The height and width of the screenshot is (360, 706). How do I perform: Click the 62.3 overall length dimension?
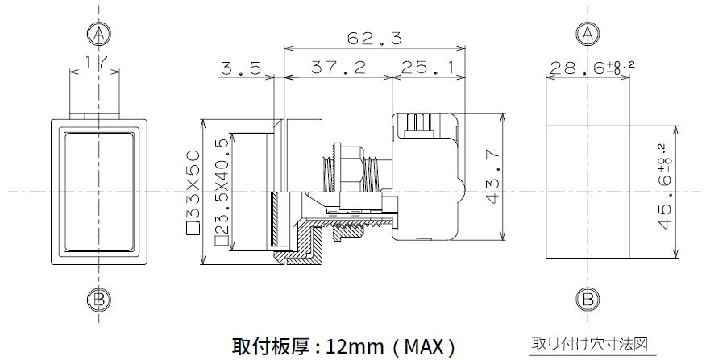click(x=374, y=39)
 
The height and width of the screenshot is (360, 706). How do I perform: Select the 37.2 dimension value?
click(x=338, y=68)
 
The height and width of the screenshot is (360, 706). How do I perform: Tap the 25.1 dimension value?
click(x=426, y=68)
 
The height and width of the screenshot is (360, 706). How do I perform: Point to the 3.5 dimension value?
click(x=241, y=68)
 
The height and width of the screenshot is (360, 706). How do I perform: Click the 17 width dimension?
click(x=96, y=62)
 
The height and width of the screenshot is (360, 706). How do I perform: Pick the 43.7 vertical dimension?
click(x=494, y=176)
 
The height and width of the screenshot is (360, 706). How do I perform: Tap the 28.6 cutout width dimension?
click(x=592, y=68)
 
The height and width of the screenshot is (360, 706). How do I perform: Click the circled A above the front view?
click(x=98, y=34)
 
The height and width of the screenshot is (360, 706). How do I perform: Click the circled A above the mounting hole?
click(x=588, y=34)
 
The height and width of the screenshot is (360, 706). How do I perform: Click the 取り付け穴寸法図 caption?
click(x=590, y=344)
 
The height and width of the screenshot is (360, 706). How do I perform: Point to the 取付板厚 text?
click(x=270, y=346)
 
